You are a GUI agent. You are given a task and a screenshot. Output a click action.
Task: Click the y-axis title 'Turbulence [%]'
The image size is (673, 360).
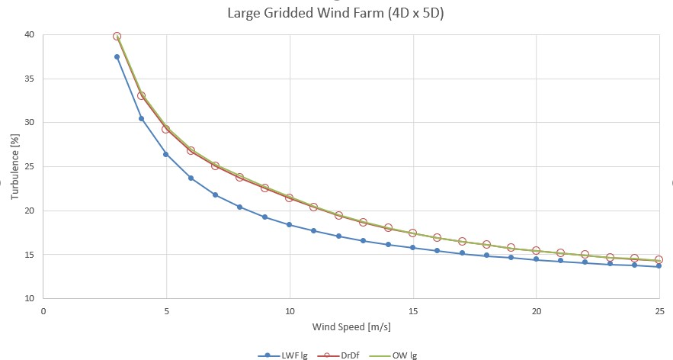(14, 166)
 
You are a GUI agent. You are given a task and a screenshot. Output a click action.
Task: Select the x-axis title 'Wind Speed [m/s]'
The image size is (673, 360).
(351, 328)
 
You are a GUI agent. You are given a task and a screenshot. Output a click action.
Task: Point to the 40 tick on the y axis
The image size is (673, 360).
(29, 34)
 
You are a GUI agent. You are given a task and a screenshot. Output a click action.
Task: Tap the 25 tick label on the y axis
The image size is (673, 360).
(29, 166)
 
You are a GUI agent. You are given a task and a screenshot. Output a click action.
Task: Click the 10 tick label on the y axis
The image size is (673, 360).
(29, 298)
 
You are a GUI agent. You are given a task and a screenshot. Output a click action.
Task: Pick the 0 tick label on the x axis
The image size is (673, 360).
(43, 311)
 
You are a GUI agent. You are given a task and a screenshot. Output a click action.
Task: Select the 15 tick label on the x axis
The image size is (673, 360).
(413, 311)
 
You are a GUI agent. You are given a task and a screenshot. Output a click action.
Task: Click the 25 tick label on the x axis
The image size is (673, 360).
(659, 311)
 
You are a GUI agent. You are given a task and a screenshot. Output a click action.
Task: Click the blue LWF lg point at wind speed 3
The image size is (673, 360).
(117, 56)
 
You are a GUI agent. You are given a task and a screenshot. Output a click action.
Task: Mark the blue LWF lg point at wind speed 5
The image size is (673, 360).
(166, 154)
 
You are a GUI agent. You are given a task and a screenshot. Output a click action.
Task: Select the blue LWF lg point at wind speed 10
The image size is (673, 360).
(290, 224)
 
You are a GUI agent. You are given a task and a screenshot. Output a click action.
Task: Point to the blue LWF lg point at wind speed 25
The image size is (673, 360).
(659, 266)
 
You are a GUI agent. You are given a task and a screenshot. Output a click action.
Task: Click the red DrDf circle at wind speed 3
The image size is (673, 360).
(117, 36)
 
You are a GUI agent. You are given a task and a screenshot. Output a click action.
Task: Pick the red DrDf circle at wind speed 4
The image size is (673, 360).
(142, 96)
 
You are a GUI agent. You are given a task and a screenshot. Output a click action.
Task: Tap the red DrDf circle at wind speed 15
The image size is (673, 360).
(413, 233)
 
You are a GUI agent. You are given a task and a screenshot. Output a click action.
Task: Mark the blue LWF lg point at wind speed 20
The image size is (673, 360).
(536, 259)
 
